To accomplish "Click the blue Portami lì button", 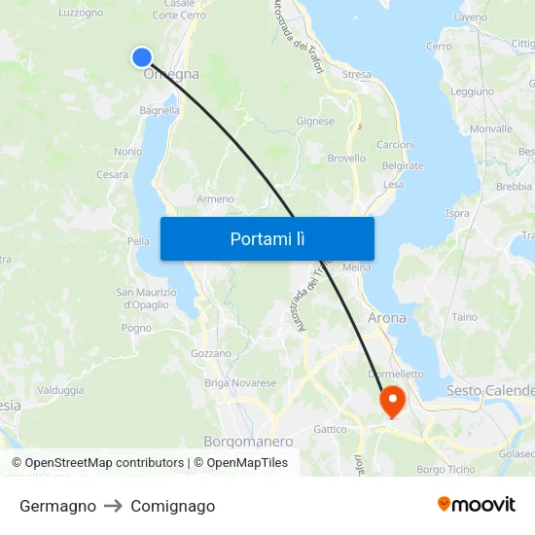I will tap(267, 238).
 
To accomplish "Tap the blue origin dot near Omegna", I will tap(142, 57).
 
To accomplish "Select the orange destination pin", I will tap(392, 400).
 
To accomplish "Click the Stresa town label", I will tap(356, 74).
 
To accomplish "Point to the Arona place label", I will tap(387, 318).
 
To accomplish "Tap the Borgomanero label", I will tap(248, 442).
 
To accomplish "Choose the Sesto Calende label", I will tap(490, 390).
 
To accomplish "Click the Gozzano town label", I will tap(211, 353).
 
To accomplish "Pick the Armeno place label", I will tap(216, 198).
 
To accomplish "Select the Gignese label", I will tap(315, 122).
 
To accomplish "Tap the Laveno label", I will tap(470, 18).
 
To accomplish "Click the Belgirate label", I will tap(403, 165).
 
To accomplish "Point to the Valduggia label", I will tap(60, 389).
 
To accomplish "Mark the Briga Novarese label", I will tap(240, 383).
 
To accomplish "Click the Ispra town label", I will tap(457, 213).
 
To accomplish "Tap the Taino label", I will tap(465, 317).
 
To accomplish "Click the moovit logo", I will tap(477, 505).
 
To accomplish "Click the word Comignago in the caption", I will tap(173, 506).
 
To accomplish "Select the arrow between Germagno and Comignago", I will tap(114, 506).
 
